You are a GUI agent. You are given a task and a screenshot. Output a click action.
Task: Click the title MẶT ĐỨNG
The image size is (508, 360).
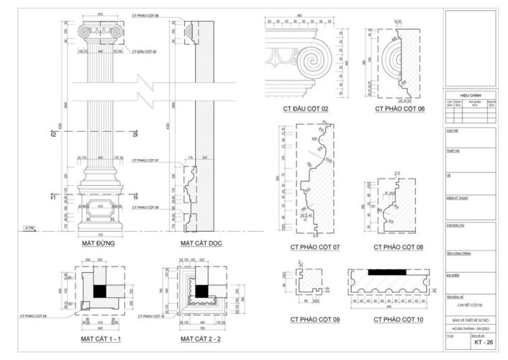click(x=100, y=243)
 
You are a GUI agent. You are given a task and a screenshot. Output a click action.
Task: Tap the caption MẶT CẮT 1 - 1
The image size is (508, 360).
click(x=100, y=338)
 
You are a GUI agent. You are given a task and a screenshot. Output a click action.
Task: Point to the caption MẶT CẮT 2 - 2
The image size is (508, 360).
click(x=201, y=338)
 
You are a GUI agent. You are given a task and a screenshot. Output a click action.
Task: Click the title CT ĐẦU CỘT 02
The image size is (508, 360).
click(x=305, y=109)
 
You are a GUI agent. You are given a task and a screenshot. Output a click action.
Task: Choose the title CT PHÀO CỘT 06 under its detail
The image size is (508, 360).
click(x=399, y=109)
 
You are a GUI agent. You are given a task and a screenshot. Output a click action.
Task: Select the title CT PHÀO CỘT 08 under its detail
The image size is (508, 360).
click(x=399, y=247)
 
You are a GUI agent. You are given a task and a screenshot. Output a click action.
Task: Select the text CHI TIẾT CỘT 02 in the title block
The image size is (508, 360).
click(x=468, y=305)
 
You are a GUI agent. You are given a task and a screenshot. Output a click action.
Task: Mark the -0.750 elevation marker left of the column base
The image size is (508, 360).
click(x=30, y=228)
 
